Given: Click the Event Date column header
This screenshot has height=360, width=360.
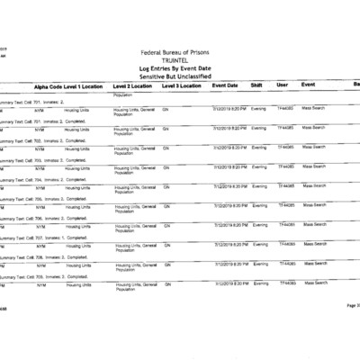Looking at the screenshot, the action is coord(225,85).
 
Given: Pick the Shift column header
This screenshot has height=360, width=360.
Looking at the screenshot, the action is coord(257,85).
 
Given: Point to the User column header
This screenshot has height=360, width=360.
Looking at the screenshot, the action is coord(283,85).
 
